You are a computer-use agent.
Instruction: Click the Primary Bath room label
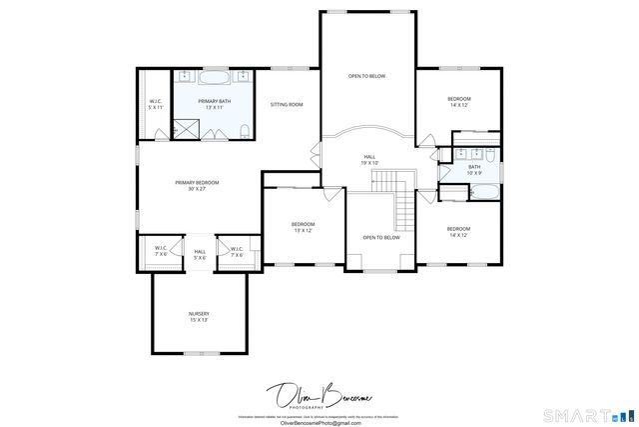click(x=214, y=104)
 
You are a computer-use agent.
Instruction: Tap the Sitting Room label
click(x=288, y=104)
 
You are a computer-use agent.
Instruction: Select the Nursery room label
click(x=199, y=317)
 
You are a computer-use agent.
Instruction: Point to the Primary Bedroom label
click(x=196, y=185)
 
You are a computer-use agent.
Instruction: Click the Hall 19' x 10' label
click(x=369, y=161)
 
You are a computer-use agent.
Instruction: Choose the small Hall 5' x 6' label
click(x=200, y=254)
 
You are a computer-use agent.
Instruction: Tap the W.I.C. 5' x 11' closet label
click(x=156, y=104)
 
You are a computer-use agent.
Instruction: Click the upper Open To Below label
click(x=366, y=76)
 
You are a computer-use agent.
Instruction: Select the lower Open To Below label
click(x=381, y=237)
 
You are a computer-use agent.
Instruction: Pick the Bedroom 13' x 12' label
click(x=302, y=227)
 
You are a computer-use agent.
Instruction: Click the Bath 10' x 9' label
click(x=474, y=170)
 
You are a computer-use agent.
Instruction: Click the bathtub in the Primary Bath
click(x=214, y=77)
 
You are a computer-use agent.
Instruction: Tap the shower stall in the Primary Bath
click(x=186, y=128)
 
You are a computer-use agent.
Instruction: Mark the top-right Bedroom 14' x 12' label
click(x=459, y=101)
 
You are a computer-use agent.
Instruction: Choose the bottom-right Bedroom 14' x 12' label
click(x=458, y=232)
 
